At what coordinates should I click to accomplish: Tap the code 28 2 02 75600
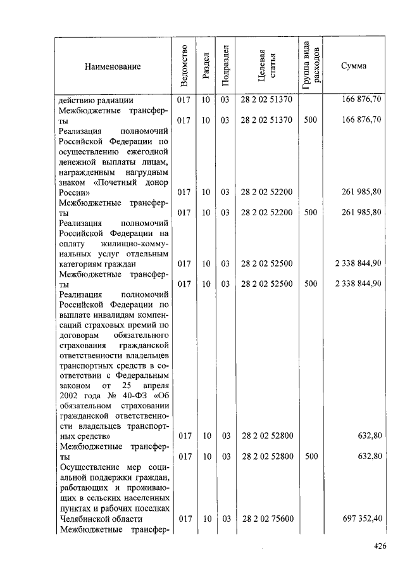266,519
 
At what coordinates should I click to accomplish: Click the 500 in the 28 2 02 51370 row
310,119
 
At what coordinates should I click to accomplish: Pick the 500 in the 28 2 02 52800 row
310,456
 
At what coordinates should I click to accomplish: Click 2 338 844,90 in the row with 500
358,283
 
